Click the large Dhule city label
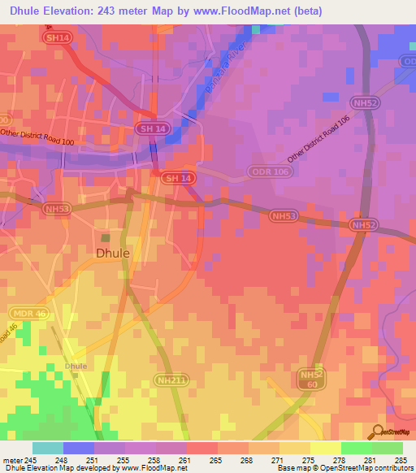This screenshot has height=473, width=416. tap(113, 253)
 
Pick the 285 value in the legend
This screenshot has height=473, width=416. tap(401, 459)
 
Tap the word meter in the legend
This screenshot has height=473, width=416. tap(12, 459)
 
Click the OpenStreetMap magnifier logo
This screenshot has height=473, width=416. tap(377, 432)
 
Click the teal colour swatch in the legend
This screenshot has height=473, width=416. tap(47, 447)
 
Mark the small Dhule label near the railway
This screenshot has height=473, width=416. tap(76, 366)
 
